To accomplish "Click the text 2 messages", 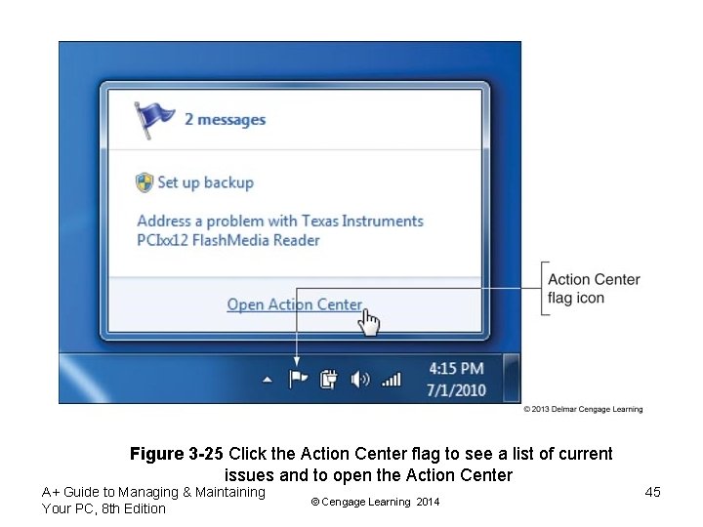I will (225, 119).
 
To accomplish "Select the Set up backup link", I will (205, 182).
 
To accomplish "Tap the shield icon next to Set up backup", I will (145, 182).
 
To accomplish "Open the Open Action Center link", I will (294, 304).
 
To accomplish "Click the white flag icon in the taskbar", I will (298, 378).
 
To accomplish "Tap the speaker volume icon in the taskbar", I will (360, 378).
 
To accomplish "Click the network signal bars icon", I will (391, 378).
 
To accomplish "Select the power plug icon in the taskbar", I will (329, 378).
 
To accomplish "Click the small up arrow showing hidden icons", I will (268, 379).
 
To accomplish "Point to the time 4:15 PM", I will (456, 368).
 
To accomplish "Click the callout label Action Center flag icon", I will (594, 288).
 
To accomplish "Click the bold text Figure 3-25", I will (177, 454).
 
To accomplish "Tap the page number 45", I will (653, 492).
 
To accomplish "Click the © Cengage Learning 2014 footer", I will (374, 502).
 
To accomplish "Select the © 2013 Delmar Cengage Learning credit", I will (583, 410).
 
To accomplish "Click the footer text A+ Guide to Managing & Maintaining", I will (153, 492).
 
